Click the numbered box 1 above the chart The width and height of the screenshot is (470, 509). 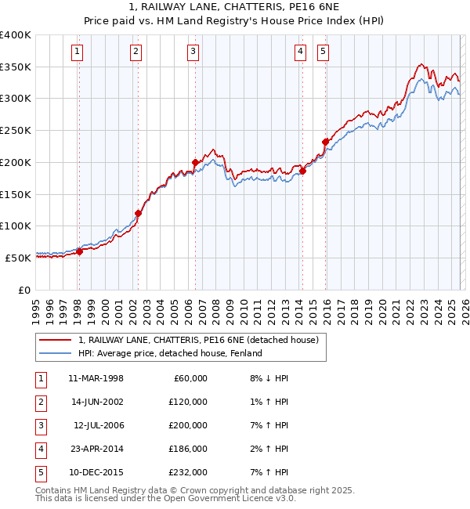[78, 52]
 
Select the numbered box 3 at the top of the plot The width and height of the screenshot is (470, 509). [193, 52]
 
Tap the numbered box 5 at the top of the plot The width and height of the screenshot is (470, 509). [324, 52]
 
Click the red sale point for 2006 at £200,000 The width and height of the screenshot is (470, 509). [195, 163]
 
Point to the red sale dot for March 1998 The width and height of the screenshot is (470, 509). [79, 251]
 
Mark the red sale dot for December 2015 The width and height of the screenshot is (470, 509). [325, 142]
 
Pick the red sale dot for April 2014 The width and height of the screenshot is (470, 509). [302, 171]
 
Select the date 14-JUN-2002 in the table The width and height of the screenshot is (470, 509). [96, 402]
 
